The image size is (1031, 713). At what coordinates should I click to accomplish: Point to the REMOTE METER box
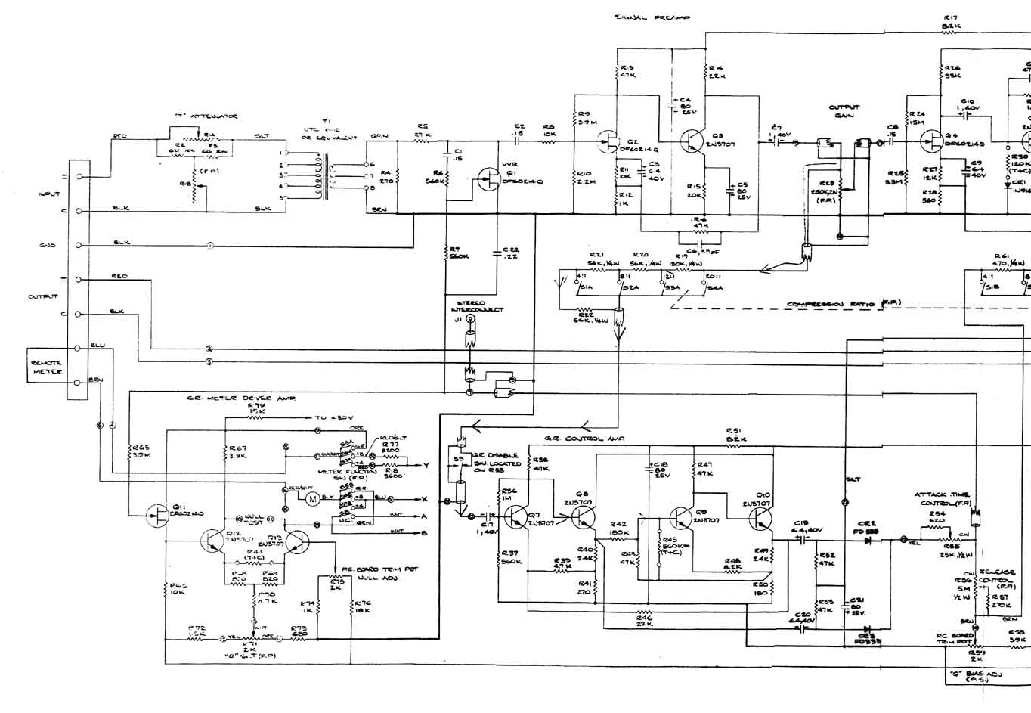coord(46,367)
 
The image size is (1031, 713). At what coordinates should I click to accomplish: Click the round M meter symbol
coord(311,498)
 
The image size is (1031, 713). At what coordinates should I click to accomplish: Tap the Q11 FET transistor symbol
coord(158,515)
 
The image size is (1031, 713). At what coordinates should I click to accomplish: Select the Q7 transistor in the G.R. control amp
coord(519,516)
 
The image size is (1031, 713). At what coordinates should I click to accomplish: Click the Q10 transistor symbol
coord(760,518)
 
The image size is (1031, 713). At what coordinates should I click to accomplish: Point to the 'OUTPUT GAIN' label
coord(844,112)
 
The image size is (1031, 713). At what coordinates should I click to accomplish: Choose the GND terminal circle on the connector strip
coord(79,246)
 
